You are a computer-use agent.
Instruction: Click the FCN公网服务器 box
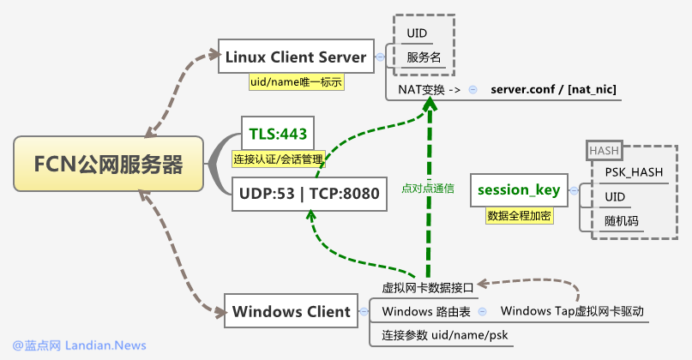tap(108, 164)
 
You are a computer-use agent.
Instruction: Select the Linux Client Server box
tap(296, 57)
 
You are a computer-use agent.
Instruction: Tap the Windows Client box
tap(292, 311)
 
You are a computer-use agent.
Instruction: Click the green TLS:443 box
tap(278, 133)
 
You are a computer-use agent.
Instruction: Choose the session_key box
tap(519, 189)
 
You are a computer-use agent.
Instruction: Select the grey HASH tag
tap(604, 151)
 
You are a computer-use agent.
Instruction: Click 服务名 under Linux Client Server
tap(424, 58)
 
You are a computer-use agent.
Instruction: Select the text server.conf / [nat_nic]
tap(553, 89)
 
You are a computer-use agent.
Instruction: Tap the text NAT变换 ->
tap(430, 89)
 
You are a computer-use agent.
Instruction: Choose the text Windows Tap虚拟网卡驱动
tap(571, 310)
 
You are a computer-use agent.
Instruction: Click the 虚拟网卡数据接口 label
tap(427, 288)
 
